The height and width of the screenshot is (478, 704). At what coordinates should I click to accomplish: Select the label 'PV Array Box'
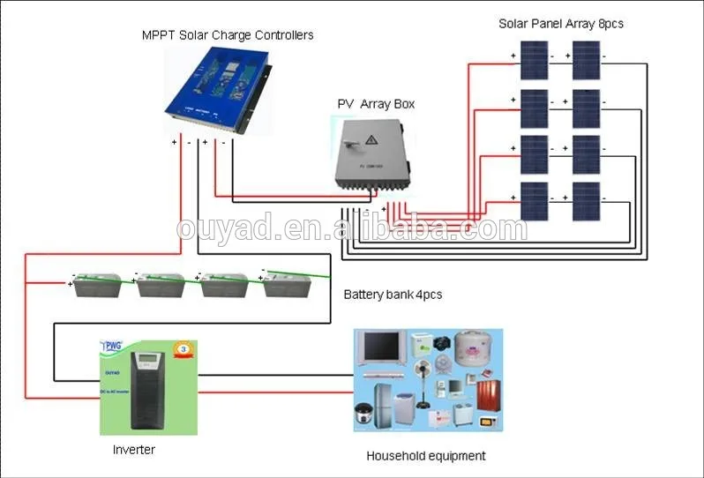coord(376,104)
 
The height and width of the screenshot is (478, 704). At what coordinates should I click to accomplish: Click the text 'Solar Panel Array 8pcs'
coord(560,24)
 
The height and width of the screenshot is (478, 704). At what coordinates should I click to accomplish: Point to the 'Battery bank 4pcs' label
coord(393,295)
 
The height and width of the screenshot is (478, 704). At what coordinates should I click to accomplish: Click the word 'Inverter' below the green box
coord(134,450)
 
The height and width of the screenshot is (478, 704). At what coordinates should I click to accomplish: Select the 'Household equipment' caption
coord(426,456)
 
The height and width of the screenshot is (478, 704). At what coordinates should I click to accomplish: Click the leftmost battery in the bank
coord(97,284)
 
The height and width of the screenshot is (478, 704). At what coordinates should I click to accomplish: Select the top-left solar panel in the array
coord(532,62)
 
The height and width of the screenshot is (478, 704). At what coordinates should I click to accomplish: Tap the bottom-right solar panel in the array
coord(585,201)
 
